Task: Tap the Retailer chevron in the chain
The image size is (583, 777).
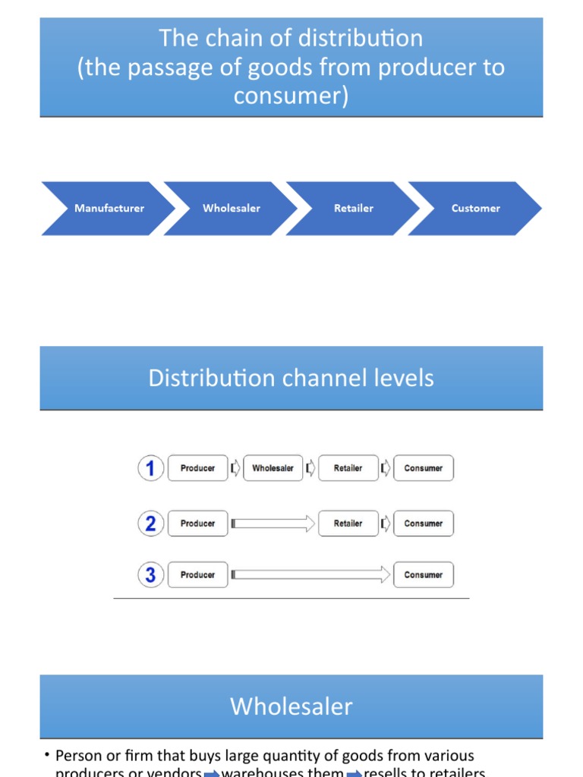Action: pyautogui.click(x=354, y=208)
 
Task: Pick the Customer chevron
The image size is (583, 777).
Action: pyautogui.click(x=476, y=208)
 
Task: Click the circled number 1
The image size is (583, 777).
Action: pyautogui.click(x=150, y=468)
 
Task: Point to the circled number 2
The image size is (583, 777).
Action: pyautogui.click(x=150, y=524)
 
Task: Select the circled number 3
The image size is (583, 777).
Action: pyautogui.click(x=150, y=575)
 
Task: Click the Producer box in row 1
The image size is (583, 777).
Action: pyautogui.click(x=197, y=468)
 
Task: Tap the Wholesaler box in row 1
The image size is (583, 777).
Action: pyautogui.click(x=273, y=468)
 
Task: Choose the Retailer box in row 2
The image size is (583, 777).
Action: pyautogui.click(x=348, y=524)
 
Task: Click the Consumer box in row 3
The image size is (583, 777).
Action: pyautogui.click(x=423, y=575)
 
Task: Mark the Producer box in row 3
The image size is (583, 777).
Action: pyautogui.click(x=197, y=575)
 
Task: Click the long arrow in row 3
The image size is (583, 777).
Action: pyautogui.click(x=310, y=575)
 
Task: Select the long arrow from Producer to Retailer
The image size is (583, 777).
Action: pyautogui.click(x=273, y=524)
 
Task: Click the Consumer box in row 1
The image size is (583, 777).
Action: pyautogui.click(x=423, y=468)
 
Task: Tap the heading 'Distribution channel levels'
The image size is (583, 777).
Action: pyautogui.click(x=291, y=378)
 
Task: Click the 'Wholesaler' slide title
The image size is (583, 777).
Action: pyautogui.click(x=291, y=706)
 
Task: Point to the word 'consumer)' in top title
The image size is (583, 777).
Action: pyautogui.click(x=291, y=96)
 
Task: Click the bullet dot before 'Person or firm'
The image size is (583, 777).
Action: pyautogui.click(x=46, y=756)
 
